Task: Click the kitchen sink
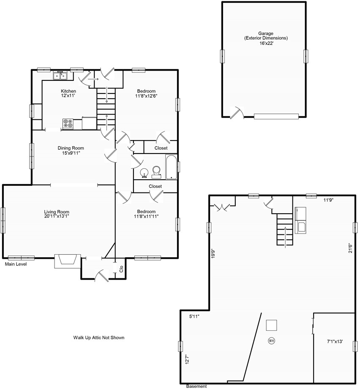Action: click(x=60, y=76)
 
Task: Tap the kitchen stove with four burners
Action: click(x=68, y=124)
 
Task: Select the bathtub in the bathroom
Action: click(x=171, y=167)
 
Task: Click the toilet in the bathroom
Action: click(x=156, y=172)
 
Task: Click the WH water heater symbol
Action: click(x=271, y=341)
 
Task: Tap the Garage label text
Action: click(x=266, y=33)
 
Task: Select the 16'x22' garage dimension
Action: click(x=266, y=43)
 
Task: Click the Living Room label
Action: click(x=57, y=212)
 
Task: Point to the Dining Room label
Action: click(x=71, y=148)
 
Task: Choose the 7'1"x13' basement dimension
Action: click(x=335, y=341)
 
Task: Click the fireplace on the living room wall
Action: click(x=68, y=261)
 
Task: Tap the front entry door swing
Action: click(x=102, y=276)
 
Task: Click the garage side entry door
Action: click(x=237, y=113)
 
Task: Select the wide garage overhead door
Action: click(x=276, y=116)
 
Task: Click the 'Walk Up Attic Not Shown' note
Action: click(x=98, y=338)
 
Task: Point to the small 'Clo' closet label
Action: click(x=121, y=269)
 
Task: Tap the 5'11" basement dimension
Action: click(x=194, y=317)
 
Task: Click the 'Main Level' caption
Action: click(x=16, y=264)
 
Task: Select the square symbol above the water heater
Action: click(x=272, y=325)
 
